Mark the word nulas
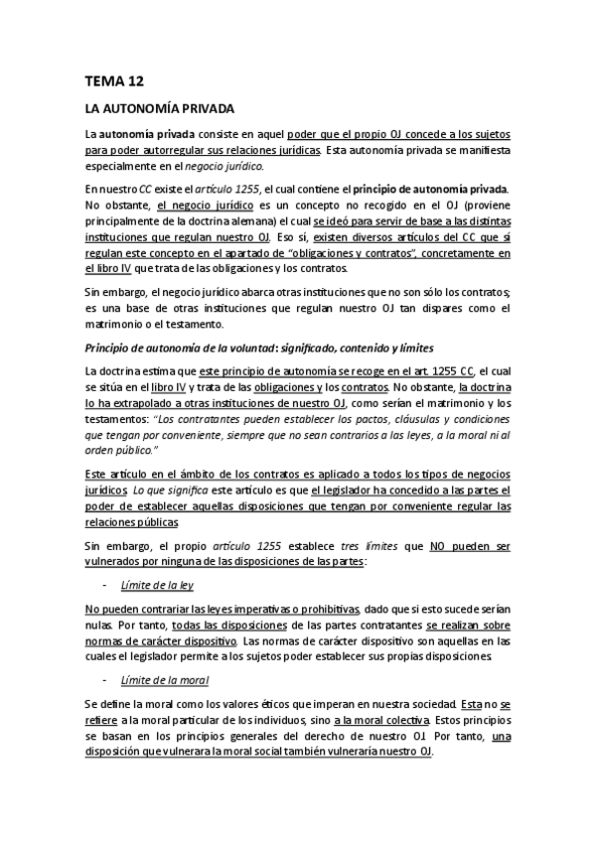point(99,624)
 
